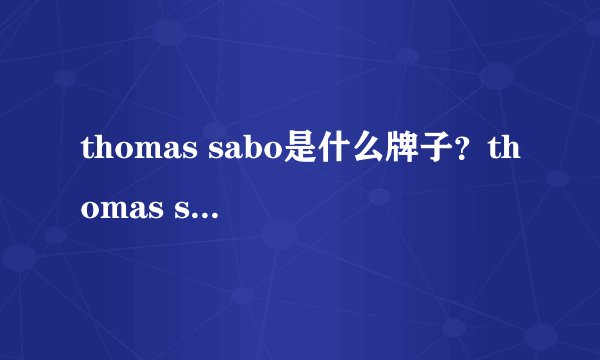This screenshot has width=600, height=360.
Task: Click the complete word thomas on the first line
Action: (139, 151)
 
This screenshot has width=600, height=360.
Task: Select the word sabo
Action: (242, 151)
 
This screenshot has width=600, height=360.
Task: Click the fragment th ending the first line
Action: (503, 151)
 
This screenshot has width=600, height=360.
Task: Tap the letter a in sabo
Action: (231, 153)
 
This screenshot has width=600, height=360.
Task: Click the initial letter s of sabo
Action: (215, 153)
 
